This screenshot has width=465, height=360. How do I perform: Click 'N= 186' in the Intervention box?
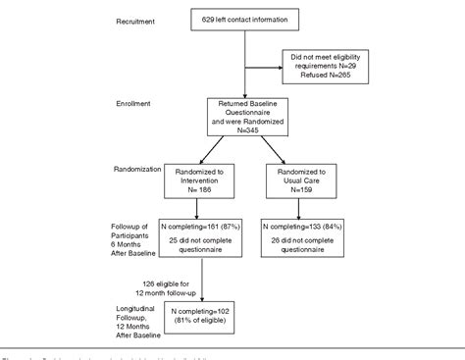pyautogui.click(x=186, y=190)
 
